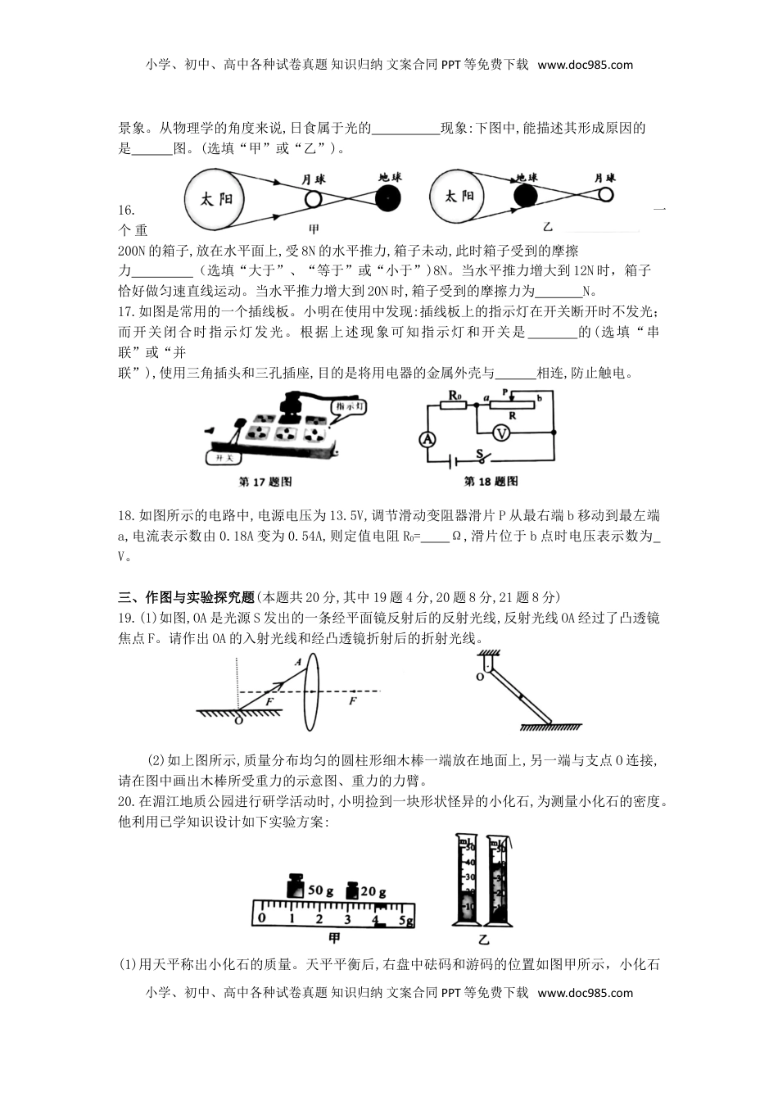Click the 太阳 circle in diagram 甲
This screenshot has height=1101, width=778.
(x=216, y=199)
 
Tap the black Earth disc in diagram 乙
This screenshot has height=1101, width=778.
(x=525, y=196)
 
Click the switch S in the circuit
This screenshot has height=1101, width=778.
(x=483, y=455)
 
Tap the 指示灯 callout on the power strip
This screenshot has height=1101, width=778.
(x=350, y=406)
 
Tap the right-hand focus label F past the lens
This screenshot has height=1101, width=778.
(x=353, y=701)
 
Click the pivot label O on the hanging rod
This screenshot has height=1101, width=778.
(x=480, y=676)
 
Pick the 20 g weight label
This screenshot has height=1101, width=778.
(x=373, y=891)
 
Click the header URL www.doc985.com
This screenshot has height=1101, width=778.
(x=586, y=65)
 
